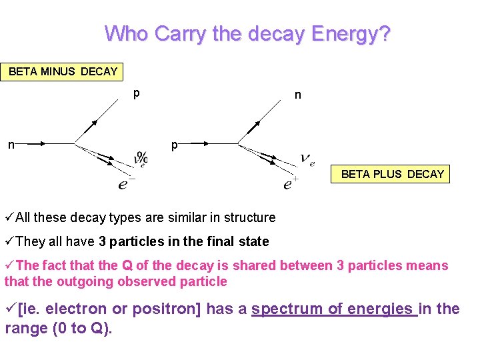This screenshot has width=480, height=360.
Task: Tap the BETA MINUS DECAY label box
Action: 63,71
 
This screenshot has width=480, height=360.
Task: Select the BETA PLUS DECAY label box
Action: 392,174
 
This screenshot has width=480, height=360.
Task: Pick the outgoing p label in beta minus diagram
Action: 136,93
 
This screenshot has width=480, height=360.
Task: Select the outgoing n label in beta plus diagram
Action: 298,95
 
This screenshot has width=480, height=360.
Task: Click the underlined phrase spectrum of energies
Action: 333,309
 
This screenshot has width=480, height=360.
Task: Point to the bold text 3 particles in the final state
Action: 184,241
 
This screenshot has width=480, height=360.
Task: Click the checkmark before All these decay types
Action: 9,217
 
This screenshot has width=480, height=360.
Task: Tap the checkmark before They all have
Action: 9,241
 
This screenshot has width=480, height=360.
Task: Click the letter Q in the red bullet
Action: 127,265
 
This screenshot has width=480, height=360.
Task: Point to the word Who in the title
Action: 127,33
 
